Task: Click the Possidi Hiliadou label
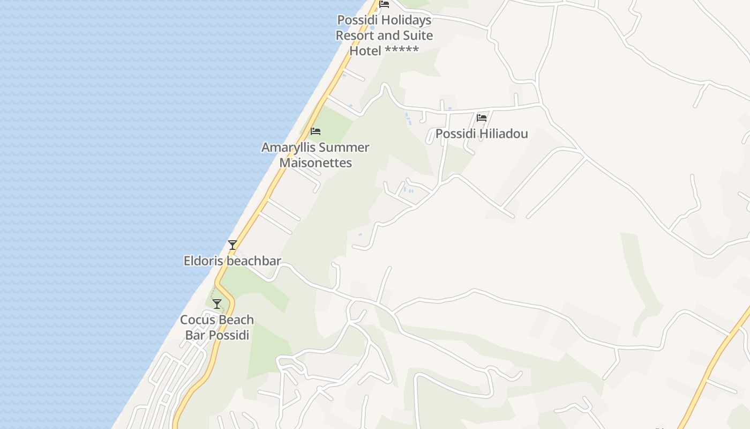click(x=482, y=134)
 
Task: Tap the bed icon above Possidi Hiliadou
click(x=482, y=117)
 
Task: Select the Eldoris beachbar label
click(x=232, y=261)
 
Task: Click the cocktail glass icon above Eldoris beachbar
click(x=232, y=245)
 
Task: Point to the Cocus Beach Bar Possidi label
click(x=217, y=327)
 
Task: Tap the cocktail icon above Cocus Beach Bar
click(x=217, y=304)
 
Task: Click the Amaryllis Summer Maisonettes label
click(x=316, y=155)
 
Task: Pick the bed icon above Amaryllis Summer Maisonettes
click(x=316, y=131)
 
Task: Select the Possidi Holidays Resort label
click(x=384, y=35)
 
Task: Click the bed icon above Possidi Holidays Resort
click(x=384, y=4)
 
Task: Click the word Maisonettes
click(x=316, y=162)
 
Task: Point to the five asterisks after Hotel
click(x=401, y=51)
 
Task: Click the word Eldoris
click(x=201, y=261)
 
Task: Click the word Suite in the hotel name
click(x=416, y=35)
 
